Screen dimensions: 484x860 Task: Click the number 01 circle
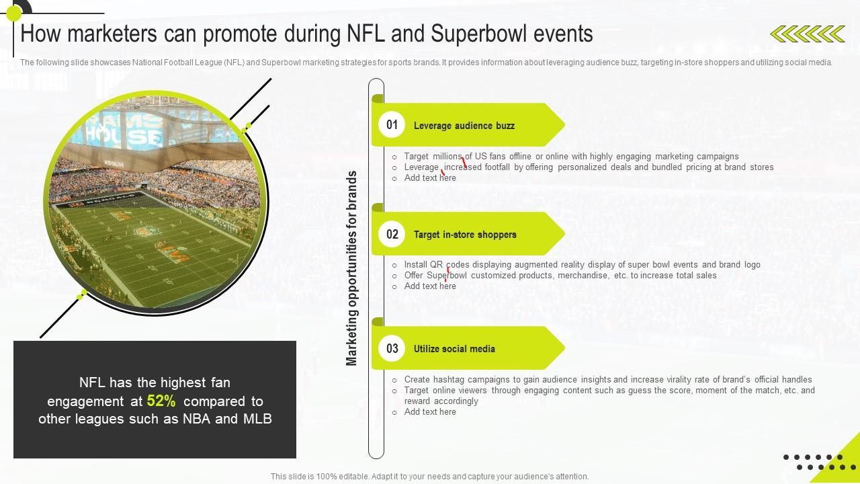pyautogui.click(x=392, y=125)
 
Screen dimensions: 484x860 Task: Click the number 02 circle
pyautogui.click(x=392, y=234)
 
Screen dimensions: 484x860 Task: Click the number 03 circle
pyautogui.click(x=392, y=348)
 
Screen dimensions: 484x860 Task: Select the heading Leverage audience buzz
pyautogui.click(x=464, y=126)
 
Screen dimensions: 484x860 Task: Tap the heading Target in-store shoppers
pyautogui.click(x=465, y=235)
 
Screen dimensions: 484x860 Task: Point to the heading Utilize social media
pyautogui.click(x=454, y=349)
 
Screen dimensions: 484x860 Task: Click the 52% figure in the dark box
pyautogui.click(x=161, y=401)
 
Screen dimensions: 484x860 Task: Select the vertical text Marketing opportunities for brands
pyautogui.click(x=351, y=268)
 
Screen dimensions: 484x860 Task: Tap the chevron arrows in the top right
pyautogui.click(x=807, y=34)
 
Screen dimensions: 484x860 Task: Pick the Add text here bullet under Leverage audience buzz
pyautogui.click(x=430, y=178)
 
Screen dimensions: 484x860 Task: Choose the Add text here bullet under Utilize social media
pyautogui.click(x=430, y=412)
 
